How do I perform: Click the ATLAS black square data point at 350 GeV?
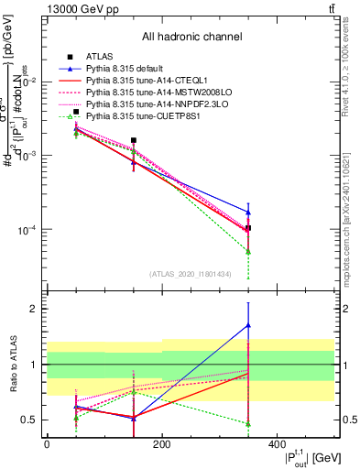(248, 228)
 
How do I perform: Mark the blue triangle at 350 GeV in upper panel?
(248, 213)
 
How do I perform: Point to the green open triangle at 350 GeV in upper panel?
(248, 251)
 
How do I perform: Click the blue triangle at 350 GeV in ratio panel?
(248, 325)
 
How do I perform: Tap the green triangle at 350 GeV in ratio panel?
(248, 423)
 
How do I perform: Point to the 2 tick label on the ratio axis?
(30, 309)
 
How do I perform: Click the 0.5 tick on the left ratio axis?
(27, 420)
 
